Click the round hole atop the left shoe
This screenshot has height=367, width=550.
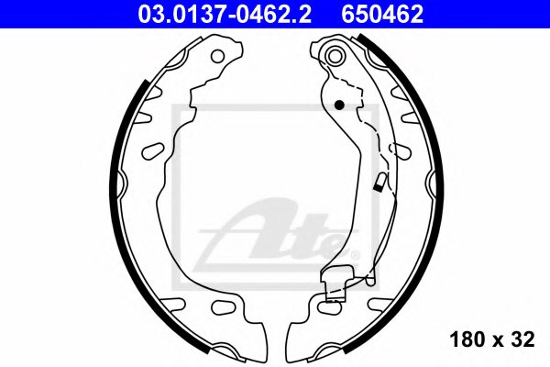(x=217, y=56)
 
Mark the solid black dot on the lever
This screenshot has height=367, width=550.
(x=339, y=104)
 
